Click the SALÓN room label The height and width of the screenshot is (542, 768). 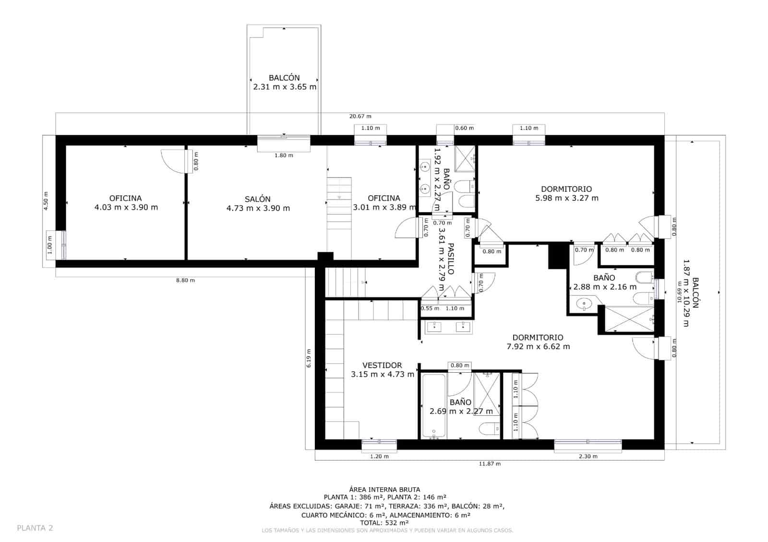click(258, 203)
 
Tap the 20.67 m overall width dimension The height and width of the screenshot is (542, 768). click(360, 117)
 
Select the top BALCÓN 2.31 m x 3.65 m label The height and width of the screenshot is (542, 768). click(284, 82)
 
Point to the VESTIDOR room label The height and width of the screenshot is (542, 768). click(382, 370)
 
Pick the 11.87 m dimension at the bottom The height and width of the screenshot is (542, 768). click(490, 464)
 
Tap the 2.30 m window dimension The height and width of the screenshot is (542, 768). click(588, 457)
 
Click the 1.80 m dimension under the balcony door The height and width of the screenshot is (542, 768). click(284, 155)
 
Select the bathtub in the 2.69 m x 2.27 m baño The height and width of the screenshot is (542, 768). click(434, 406)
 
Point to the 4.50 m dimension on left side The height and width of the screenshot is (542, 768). click(46, 200)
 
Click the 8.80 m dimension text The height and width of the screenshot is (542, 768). click(185, 281)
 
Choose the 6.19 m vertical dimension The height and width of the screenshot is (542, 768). click(309, 358)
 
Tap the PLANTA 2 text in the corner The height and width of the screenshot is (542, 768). click(35, 528)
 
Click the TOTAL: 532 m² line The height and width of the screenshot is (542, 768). click(384, 523)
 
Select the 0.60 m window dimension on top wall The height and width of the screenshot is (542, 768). click(464, 128)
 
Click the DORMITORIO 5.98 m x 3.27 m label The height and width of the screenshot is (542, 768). click(566, 194)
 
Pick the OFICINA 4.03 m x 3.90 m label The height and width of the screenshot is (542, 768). click(126, 203)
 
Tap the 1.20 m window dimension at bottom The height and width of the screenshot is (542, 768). click(379, 457)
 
